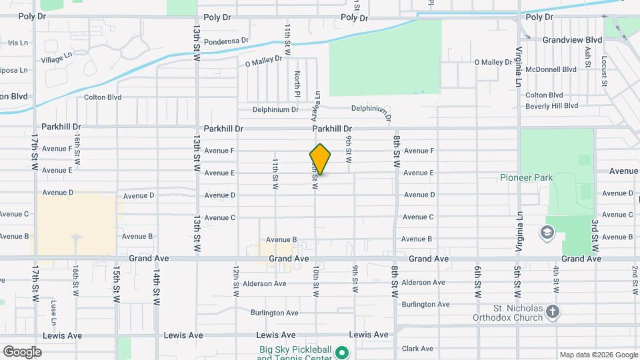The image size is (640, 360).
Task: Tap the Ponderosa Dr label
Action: (227, 41)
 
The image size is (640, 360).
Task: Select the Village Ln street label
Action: (55, 59)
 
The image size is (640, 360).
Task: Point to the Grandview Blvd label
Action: (572, 40)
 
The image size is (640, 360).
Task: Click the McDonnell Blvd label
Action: (551, 69)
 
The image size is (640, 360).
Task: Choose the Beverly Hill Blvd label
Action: (551, 105)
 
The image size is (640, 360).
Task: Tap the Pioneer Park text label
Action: (527, 177)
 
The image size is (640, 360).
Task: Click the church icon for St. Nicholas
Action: (552, 311)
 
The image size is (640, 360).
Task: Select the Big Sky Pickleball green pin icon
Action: (343, 351)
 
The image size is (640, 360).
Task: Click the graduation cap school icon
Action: (547, 233)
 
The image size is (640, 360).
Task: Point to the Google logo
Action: (22, 351)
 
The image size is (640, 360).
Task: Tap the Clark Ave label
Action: (418, 349)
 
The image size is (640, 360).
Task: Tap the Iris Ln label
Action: (18, 43)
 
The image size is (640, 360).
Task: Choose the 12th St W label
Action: (236, 281)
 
